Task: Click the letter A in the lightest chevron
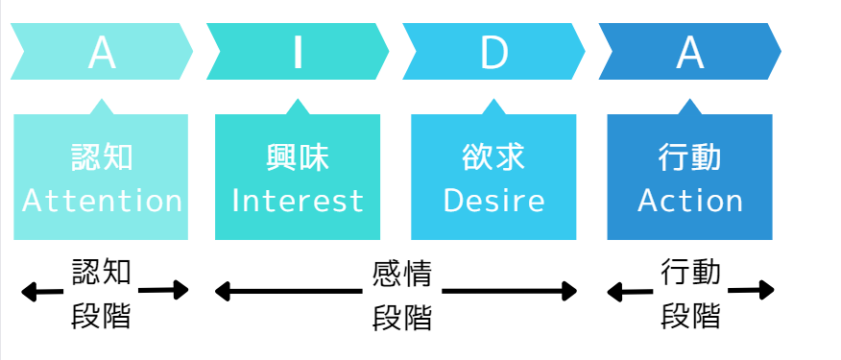click(102, 54)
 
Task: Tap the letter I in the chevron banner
click(298, 54)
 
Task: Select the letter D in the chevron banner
click(494, 54)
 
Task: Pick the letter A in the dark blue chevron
click(689, 54)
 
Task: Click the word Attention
click(102, 201)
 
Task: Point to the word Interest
click(298, 201)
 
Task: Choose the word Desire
click(494, 201)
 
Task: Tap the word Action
click(690, 201)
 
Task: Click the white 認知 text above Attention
click(102, 157)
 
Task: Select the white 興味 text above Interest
click(298, 157)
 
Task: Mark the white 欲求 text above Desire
click(494, 157)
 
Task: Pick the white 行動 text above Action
click(690, 157)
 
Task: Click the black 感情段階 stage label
click(402, 294)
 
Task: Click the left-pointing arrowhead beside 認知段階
click(29, 291)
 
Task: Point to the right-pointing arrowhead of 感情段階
click(568, 290)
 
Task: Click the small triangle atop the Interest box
click(298, 107)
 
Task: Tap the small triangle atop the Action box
click(689, 107)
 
